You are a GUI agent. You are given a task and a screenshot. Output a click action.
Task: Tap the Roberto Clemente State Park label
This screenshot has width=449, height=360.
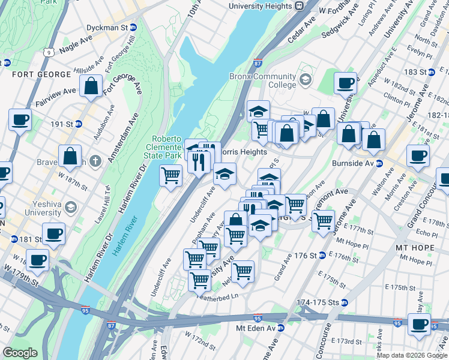(x=166, y=147)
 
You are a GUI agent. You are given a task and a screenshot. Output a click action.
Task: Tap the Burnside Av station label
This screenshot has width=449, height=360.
(x=355, y=163)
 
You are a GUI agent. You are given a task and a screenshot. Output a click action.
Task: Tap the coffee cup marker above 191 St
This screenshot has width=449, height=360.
(x=20, y=119)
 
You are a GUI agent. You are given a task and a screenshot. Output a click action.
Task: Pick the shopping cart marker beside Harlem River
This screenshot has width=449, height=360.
(x=171, y=176)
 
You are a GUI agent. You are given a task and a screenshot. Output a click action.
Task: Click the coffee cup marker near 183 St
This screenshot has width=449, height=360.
(x=345, y=83)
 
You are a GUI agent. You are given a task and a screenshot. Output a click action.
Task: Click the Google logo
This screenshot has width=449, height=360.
(x=20, y=353)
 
